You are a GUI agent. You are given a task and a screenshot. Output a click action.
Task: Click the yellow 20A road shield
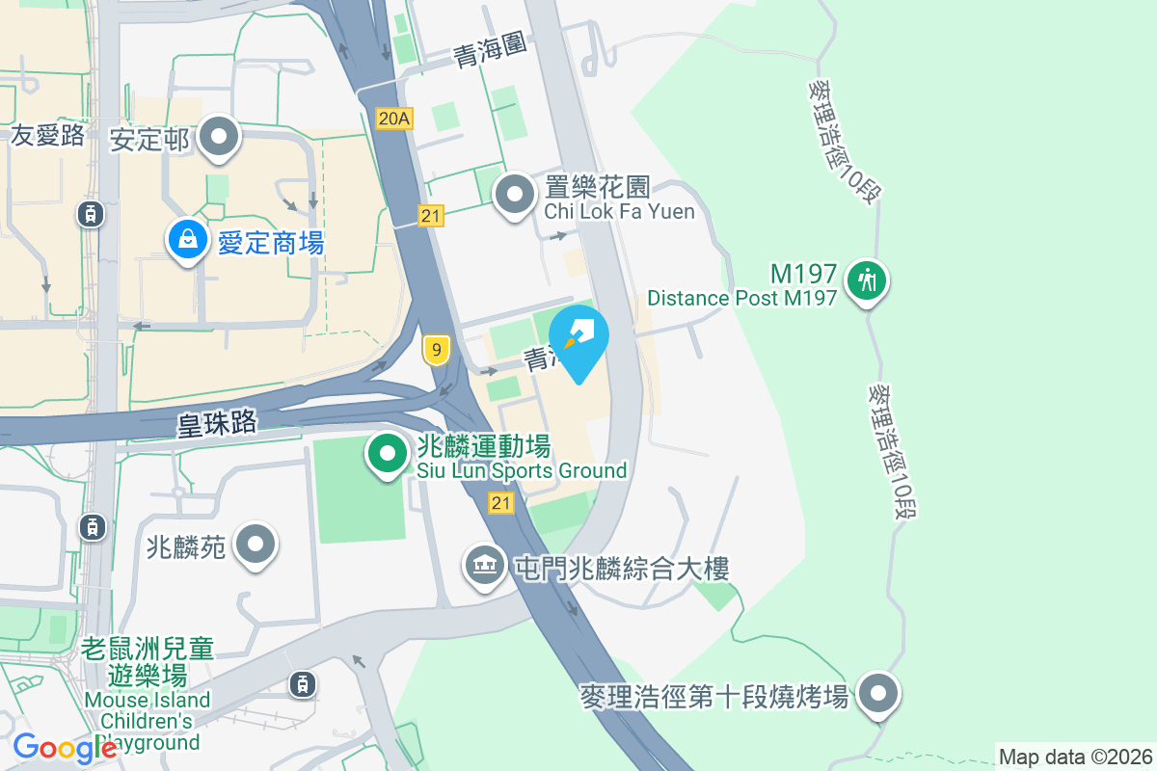tap(394, 119)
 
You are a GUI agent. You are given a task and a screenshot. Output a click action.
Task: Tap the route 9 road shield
tap(437, 350)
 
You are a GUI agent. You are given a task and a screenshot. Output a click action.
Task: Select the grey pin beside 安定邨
tap(219, 137)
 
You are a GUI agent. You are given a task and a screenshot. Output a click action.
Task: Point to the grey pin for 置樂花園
tap(515, 195)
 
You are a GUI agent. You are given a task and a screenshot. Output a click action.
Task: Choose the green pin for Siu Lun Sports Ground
tap(388, 454)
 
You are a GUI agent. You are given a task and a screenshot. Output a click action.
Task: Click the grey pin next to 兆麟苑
tap(256, 545)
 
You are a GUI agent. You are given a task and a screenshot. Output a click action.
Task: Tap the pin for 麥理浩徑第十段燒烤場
tap(877, 693)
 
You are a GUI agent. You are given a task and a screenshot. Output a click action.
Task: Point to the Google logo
tap(64, 748)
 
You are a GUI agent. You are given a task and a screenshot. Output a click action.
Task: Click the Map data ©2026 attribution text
tap(1075, 757)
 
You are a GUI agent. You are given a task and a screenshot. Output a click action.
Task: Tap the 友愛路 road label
tap(48, 136)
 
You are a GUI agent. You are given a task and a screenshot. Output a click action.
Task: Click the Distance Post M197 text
tap(741, 298)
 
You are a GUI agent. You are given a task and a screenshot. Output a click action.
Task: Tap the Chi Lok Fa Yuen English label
tap(619, 211)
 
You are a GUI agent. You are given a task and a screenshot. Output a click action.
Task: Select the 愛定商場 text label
tap(270, 243)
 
